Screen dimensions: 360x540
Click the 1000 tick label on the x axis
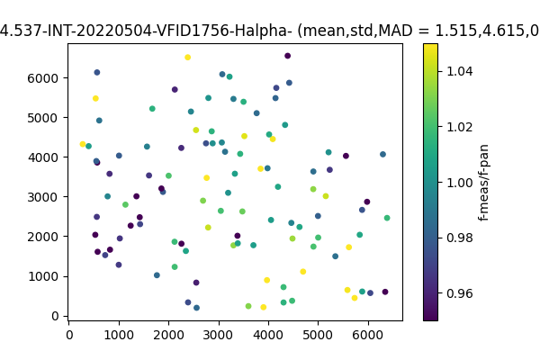[x=119, y=335]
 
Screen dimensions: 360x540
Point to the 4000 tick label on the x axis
[x=268, y=335]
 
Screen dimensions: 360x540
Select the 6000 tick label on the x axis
[x=367, y=335]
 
